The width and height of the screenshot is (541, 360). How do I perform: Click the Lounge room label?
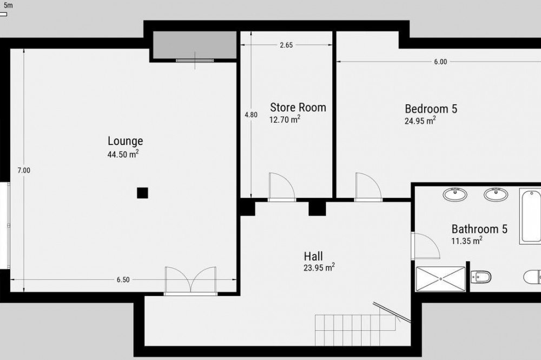pyautogui.click(x=126, y=141)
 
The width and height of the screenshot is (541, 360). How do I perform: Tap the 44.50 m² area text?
pyautogui.click(x=123, y=154)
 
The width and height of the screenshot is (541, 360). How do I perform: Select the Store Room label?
pyautogui.click(x=298, y=107)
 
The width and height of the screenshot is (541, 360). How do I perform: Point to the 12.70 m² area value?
pyautogui.click(x=285, y=119)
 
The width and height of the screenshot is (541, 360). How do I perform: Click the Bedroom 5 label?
pyautogui.click(x=431, y=109)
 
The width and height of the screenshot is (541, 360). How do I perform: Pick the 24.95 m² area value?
pyautogui.click(x=420, y=121)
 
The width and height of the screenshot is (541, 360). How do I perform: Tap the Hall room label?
pyautogui.click(x=313, y=256)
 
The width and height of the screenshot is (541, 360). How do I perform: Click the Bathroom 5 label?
pyautogui.click(x=479, y=229)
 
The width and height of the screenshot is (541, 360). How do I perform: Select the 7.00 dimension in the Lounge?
pyautogui.click(x=24, y=170)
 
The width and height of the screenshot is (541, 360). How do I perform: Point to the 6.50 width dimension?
pyautogui.click(x=123, y=279)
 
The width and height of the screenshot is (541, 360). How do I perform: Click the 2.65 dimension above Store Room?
pyautogui.click(x=286, y=45)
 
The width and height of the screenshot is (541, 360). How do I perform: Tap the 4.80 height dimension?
pyautogui.click(x=251, y=115)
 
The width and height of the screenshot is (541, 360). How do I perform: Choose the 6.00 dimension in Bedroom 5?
pyautogui.click(x=440, y=62)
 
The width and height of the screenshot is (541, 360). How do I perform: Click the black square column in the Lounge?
pyautogui.click(x=142, y=193)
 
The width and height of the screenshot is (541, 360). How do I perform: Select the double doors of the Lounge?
pyautogui.click(x=191, y=281)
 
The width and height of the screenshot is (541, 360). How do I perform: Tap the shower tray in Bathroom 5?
pyautogui.click(x=440, y=279)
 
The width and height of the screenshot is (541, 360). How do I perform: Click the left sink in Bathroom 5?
pyautogui.click(x=455, y=194)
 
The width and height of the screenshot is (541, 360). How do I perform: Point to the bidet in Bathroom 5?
pyautogui.click(x=480, y=277)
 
